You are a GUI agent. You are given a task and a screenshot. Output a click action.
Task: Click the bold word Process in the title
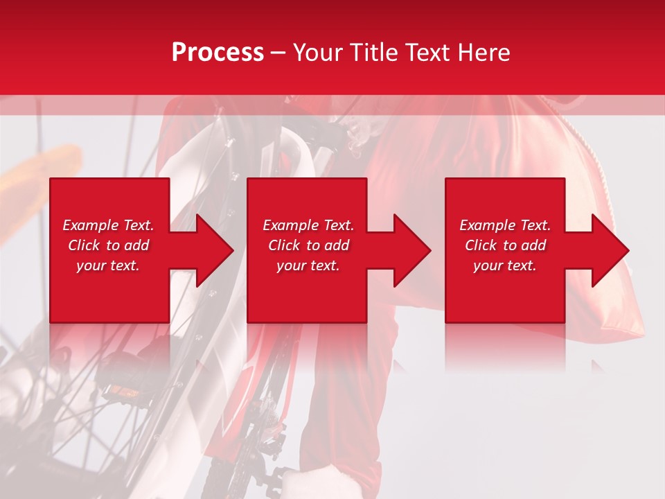click(x=218, y=53)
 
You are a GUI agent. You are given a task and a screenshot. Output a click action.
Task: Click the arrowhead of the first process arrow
click(x=215, y=250)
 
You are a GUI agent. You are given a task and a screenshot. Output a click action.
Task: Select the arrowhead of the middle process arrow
click(x=412, y=250)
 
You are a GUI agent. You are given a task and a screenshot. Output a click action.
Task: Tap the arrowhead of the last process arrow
click(x=610, y=250)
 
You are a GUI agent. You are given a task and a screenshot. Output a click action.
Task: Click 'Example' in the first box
click(x=90, y=225)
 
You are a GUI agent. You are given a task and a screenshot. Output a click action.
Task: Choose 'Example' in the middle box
click(x=290, y=225)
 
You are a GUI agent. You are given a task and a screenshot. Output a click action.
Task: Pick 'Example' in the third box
click(x=487, y=225)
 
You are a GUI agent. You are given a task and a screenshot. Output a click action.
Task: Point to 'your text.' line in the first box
click(x=108, y=265)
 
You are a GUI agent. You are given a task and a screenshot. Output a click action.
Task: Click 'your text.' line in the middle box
click(x=308, y=265)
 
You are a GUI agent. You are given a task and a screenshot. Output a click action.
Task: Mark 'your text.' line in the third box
click(x=505, y=265)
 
